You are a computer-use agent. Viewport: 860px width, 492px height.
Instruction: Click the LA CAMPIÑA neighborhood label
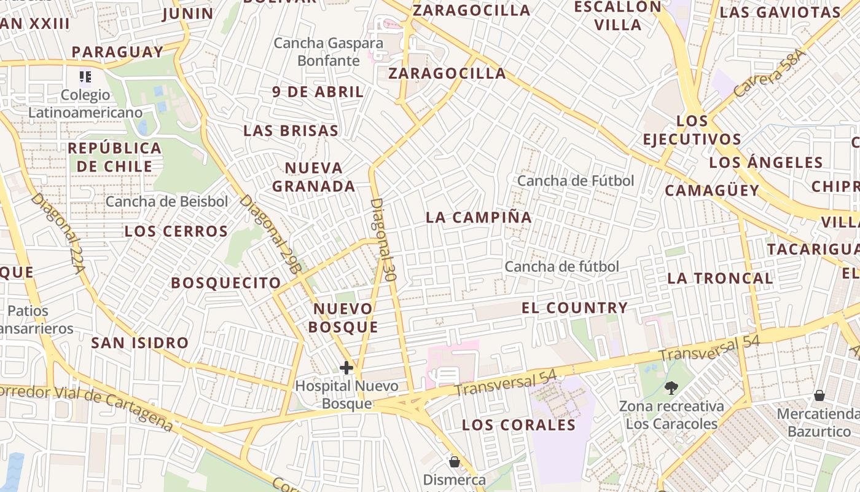(x=479, y=217)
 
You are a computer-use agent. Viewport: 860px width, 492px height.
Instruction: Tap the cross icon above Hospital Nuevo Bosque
(x=346, y=368)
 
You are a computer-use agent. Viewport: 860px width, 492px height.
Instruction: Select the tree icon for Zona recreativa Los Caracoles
(x=671, y=387)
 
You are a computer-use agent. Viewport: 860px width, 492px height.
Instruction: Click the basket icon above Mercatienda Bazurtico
(x=819, y=395)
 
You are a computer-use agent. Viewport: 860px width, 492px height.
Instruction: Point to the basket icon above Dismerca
(x=455, y=461)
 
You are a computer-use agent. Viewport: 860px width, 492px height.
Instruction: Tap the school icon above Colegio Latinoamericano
(x=85, y=77)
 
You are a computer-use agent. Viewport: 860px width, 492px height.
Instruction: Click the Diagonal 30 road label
(x=383, y=239)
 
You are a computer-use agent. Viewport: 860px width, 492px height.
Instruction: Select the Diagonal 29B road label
(x=271, y=234)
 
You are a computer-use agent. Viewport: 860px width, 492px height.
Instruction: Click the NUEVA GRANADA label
(x=314, y=177)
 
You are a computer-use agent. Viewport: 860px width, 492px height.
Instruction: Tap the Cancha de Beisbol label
(x=166, y=201)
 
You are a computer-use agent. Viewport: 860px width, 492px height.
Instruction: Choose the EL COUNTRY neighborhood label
(x=575, y=307)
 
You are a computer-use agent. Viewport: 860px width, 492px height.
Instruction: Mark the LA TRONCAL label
(x=720, y=278)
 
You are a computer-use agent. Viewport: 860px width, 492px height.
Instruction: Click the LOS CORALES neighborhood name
(x=518, y=425)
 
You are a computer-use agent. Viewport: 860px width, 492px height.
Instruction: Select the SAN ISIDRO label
(x=139, y=343)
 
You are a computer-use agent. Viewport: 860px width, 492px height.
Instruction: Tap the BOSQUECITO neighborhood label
(x=225, y=283)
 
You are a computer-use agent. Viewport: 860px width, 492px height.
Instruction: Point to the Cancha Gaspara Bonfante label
(x=329, y=52)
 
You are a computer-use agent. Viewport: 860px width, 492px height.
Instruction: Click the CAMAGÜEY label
(x=712, y=191)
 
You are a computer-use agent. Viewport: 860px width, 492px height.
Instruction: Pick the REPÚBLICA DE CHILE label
(x=114, y=157)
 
